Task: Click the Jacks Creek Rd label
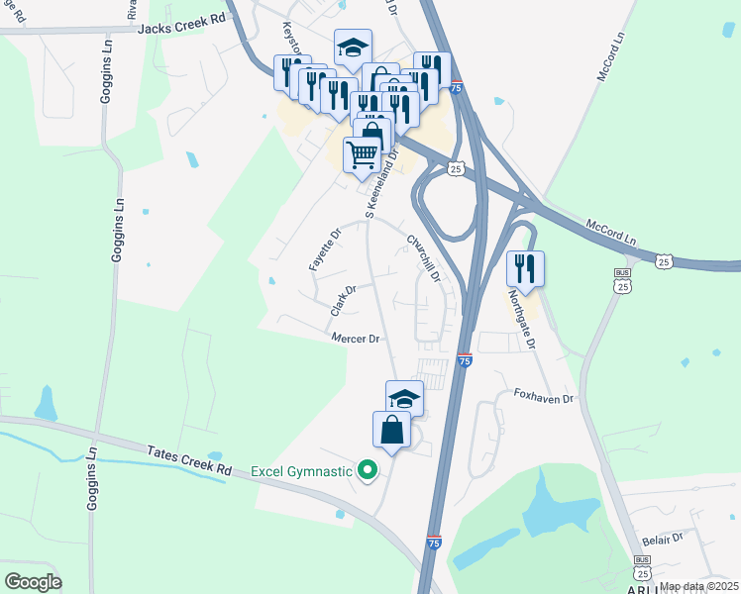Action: click(182, 30)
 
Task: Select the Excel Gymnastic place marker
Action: click(368, 470)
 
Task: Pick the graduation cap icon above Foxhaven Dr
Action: click(404, 397)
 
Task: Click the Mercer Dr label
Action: click(356, 339)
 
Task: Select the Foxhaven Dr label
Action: click(544, 397)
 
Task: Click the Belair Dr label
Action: click(664, 538)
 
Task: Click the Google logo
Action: click(33, 581)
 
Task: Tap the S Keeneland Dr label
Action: click(383, 184)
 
